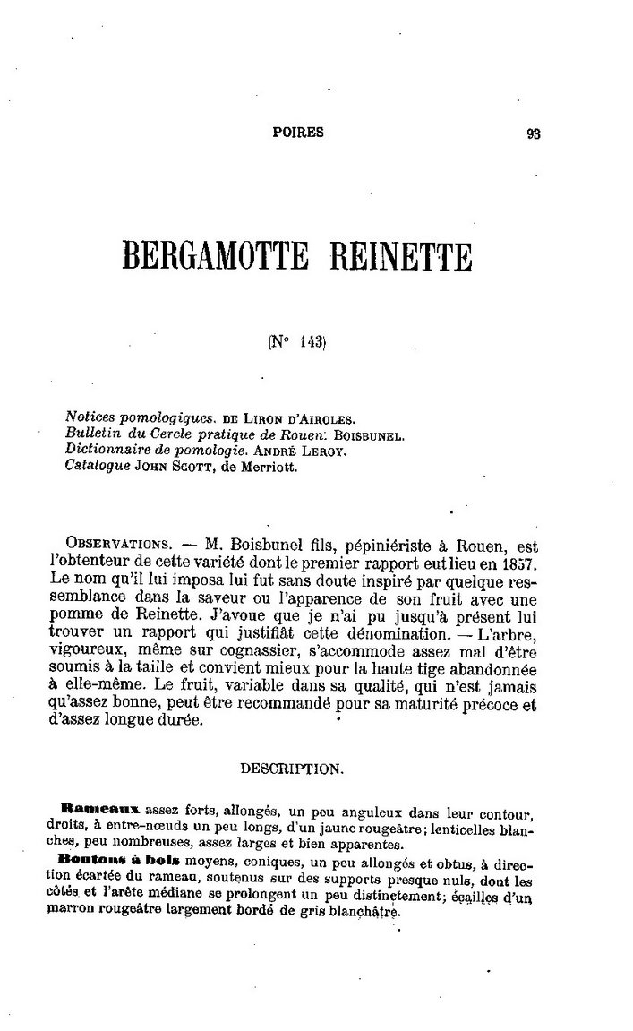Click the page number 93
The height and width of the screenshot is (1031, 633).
click(535, 133)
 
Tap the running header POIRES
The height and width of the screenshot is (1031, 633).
click(298, 133)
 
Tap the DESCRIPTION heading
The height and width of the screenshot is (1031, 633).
click(290, 769)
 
